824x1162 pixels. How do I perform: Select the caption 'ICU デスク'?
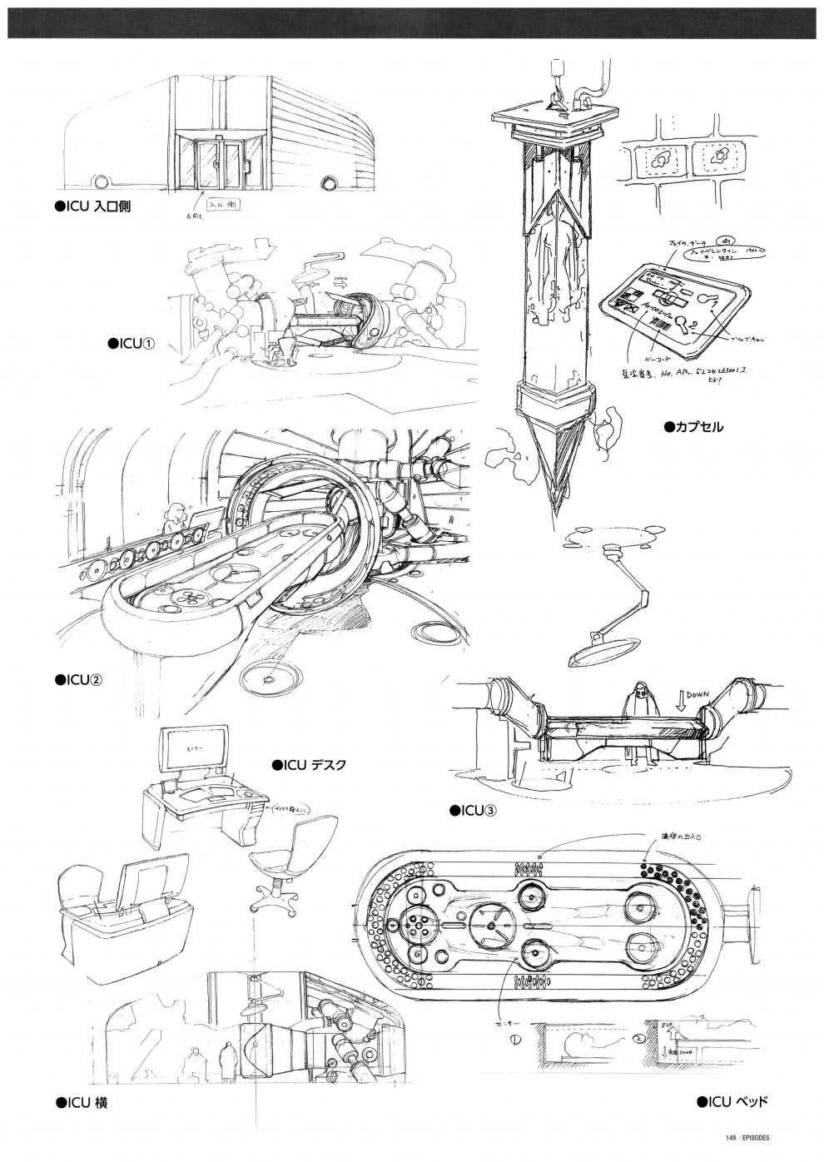309,763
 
